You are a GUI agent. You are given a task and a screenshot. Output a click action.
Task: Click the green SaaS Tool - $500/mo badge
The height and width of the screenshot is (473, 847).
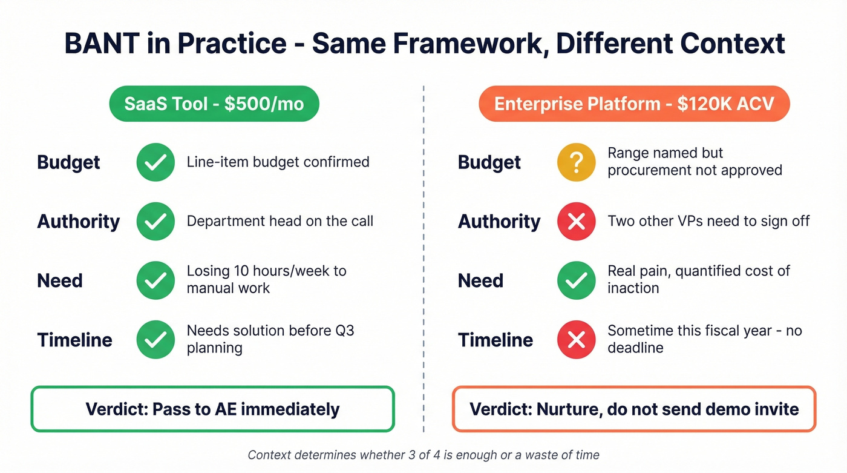214,104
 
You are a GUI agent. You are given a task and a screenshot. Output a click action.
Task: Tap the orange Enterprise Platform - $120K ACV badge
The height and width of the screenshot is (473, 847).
634,104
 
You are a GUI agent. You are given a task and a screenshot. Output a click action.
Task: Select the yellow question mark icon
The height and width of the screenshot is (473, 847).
576,162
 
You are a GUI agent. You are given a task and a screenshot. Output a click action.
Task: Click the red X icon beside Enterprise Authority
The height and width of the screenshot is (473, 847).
576,222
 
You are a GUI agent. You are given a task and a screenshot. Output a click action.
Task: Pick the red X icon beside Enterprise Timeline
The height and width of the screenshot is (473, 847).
576,340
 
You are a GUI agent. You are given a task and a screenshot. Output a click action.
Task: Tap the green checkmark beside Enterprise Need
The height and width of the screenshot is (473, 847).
576,280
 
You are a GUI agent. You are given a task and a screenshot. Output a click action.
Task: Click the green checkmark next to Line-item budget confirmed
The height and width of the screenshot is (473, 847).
155,162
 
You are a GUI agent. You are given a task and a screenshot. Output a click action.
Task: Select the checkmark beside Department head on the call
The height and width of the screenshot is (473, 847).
155,222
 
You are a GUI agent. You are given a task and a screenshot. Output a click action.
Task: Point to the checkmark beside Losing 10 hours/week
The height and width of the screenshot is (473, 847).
155,280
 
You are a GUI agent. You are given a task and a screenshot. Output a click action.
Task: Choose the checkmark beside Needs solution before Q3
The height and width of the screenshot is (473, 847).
155,340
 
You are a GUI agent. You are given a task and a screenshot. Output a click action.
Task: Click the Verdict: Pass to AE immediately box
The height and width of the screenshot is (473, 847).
212,409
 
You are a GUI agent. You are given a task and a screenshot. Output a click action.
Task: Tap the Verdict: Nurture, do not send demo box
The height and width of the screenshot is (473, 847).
634,409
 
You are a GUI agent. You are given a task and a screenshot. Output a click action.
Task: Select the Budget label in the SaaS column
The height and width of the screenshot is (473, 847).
68,162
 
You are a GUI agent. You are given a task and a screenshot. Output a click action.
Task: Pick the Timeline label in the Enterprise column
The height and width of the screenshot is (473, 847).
495,340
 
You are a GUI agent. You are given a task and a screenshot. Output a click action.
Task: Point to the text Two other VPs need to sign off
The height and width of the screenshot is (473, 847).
708,222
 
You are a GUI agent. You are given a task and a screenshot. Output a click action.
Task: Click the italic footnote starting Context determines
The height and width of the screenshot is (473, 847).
423,455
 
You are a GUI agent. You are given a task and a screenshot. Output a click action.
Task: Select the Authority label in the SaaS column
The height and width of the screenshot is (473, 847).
79,222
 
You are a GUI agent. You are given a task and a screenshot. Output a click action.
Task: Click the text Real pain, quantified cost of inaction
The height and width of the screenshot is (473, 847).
698,279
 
